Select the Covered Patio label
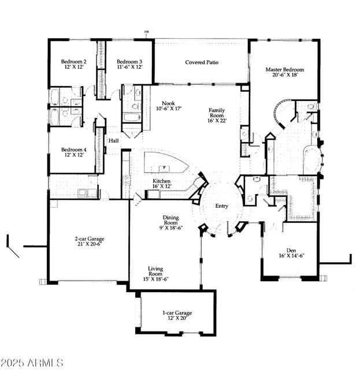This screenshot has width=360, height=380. tap(202, 62)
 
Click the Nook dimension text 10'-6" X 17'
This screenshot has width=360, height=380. tap(169, 109)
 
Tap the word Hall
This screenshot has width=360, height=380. tap(113, 140)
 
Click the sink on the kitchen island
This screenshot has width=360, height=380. tap(164, 168)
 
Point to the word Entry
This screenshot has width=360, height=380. tap(221, 206)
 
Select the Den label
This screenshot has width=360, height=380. tap(291, 250)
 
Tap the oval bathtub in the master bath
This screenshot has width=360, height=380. tap(312, 159)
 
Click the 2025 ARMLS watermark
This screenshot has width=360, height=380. tap(32, 363)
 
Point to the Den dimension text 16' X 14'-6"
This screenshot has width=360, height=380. tap(291, 256)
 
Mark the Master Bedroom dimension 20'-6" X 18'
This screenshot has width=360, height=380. tap(285, 75)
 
